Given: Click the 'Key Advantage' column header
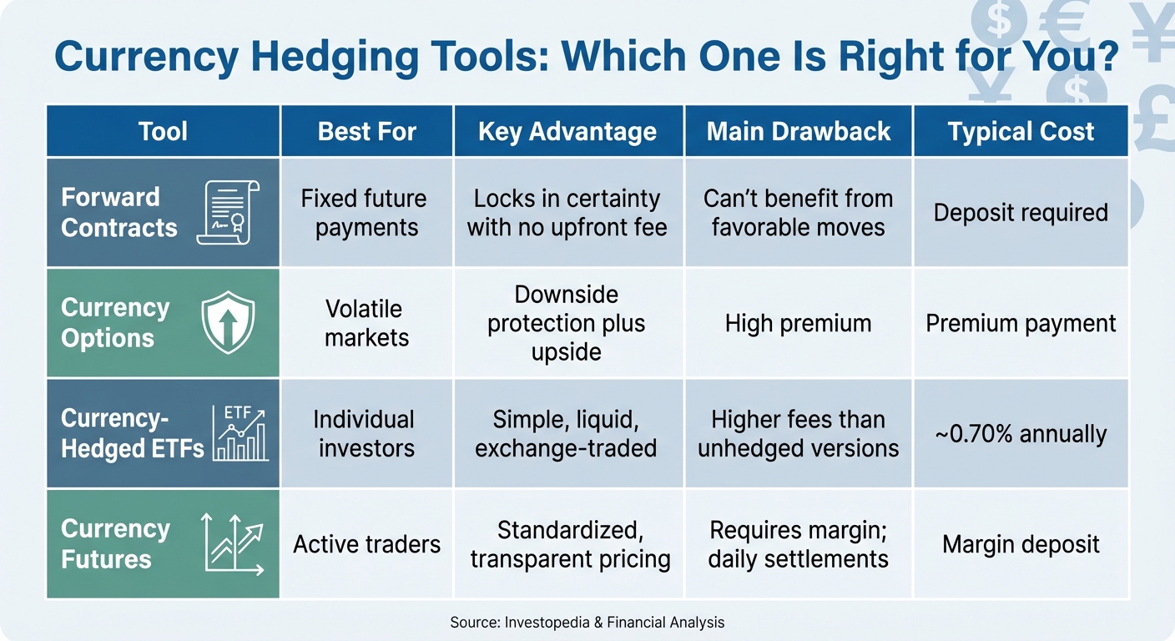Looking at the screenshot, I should tap(567, 132).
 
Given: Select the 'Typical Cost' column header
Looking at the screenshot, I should tap(1021, 132).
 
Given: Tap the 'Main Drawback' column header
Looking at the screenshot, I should tap(799, 132).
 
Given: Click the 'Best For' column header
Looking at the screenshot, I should tap(366, 132).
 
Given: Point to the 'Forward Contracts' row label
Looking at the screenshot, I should tap(119, 213).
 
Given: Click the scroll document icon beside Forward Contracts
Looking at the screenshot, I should tap(228, 213).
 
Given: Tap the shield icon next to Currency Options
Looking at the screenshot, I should tap(228, 323).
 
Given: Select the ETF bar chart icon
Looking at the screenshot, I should tap(240, 433).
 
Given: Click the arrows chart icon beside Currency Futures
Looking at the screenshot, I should tap(233, 544).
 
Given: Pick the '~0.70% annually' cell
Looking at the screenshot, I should tap(1021, 434).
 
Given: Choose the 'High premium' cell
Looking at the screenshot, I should tap(798, 324).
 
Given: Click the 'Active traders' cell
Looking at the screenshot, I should tap(366, 545).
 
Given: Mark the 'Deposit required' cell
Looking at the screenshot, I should tap(1021, 213).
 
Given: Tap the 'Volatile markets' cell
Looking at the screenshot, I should tap(366, 324).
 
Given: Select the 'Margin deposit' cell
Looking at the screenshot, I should tap(1021, 545).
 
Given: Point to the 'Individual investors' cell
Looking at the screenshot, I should tap(366, 434).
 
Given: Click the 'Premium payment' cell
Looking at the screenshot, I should tap(1021, 324).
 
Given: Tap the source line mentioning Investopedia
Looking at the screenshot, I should tap(587, 622).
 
